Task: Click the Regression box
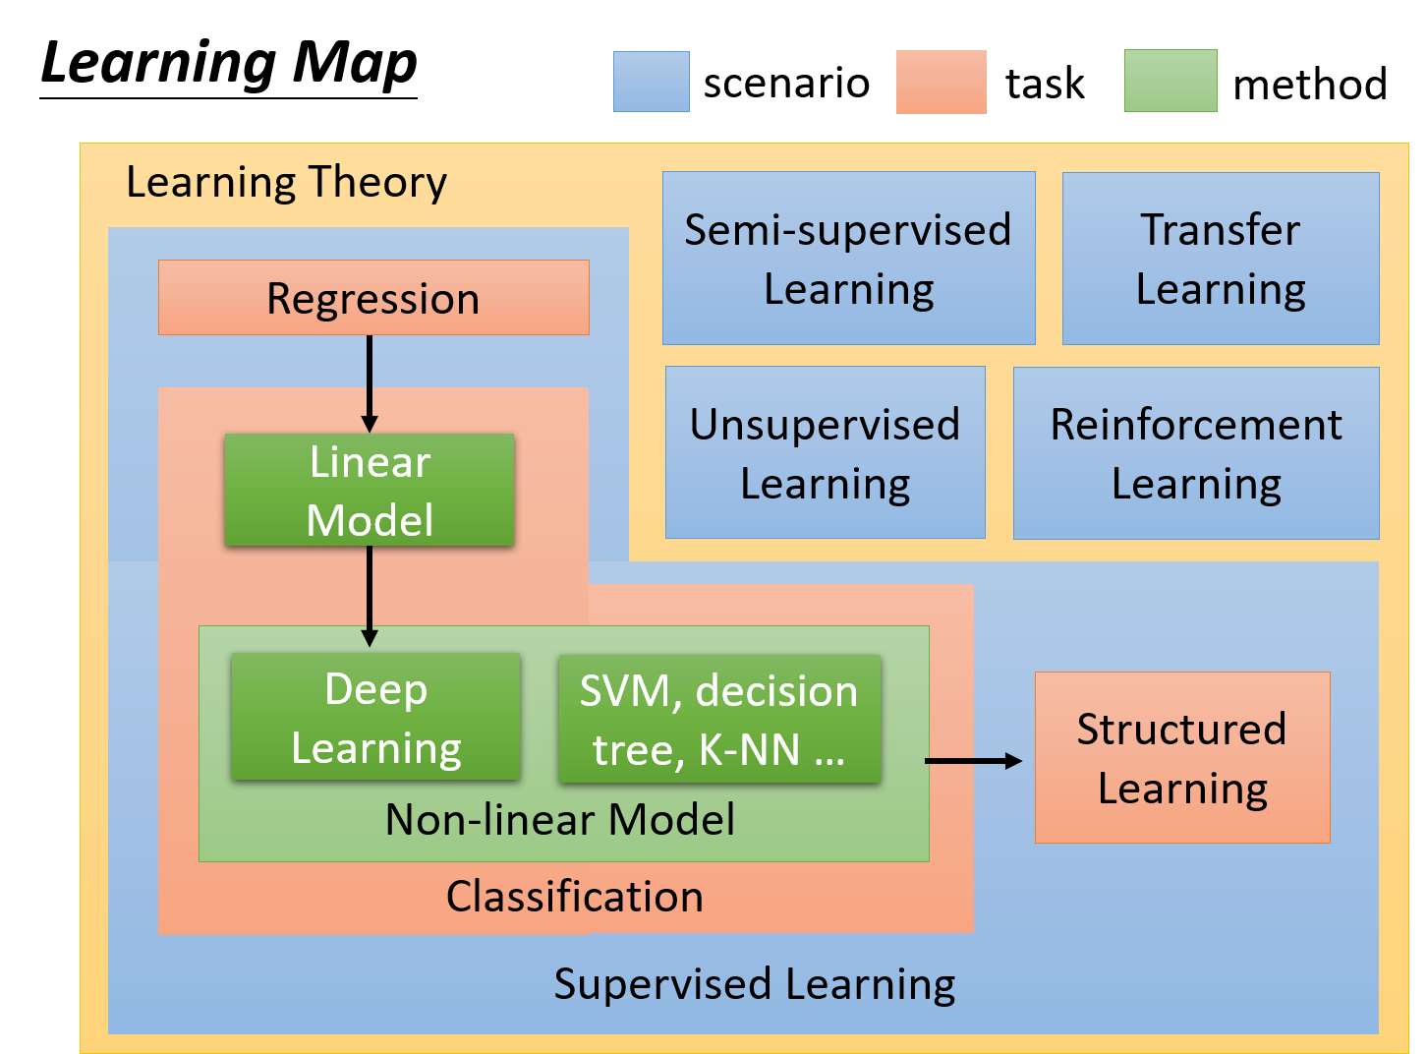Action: pos(373,298)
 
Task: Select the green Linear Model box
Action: pos(370,491)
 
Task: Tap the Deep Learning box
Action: pos(375,717)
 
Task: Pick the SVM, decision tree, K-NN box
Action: pos(719,719)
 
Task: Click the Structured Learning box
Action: pos(1182,758)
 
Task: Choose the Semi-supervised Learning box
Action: pos(848,259)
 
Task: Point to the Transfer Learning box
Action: pos(1221,259)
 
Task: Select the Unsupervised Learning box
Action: pos(826,452)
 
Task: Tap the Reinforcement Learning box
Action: pos(1196,453)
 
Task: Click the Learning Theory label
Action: pos(286,182)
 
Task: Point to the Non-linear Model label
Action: pos(560,819)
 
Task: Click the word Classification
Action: pos(575,897)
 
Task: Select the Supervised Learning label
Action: pos(754,984)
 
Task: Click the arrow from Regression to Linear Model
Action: pos(370,383)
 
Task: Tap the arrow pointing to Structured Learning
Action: pos(973,761)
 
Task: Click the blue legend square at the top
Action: pos(652,82)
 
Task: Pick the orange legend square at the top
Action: pos(941,82)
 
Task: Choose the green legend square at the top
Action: pos(1170,81)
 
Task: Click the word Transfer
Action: pos(1221,230)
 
